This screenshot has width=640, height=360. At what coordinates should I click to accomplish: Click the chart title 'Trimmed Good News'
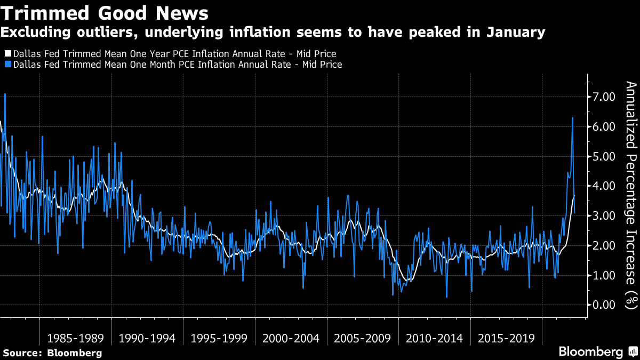(105, 12)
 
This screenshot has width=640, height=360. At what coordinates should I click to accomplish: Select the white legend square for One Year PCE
(8, 54)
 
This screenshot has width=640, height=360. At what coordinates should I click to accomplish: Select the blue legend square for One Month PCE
(8, 65)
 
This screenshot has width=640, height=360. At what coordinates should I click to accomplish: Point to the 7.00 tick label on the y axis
(604, 97)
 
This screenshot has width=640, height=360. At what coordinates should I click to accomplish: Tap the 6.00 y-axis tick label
(604, 127)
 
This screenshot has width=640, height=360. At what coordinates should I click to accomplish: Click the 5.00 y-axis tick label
(604, 157)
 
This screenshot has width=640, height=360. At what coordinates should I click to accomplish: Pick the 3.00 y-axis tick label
(604, 216)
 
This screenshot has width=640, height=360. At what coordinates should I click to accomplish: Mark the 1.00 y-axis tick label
(604, 276)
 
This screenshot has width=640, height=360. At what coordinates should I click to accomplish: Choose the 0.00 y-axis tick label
(604, 305)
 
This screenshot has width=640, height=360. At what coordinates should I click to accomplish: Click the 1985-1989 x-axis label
(76, 339)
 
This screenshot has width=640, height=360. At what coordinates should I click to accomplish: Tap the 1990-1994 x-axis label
(148, 339)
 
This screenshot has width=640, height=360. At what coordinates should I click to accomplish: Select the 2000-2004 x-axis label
(291, 339)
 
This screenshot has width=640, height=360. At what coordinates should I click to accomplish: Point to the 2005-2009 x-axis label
(363, 339)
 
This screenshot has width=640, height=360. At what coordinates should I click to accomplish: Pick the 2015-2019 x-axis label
(507, 339)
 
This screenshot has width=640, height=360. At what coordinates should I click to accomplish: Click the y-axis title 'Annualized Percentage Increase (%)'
(631, 195)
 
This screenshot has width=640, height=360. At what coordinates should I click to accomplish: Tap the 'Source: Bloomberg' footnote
(52, 353)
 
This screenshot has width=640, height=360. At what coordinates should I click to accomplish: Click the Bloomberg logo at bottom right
(591, 352)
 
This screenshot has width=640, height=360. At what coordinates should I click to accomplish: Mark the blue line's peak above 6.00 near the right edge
(572, 118)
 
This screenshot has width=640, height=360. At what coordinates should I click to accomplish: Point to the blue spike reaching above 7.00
(5, 94)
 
